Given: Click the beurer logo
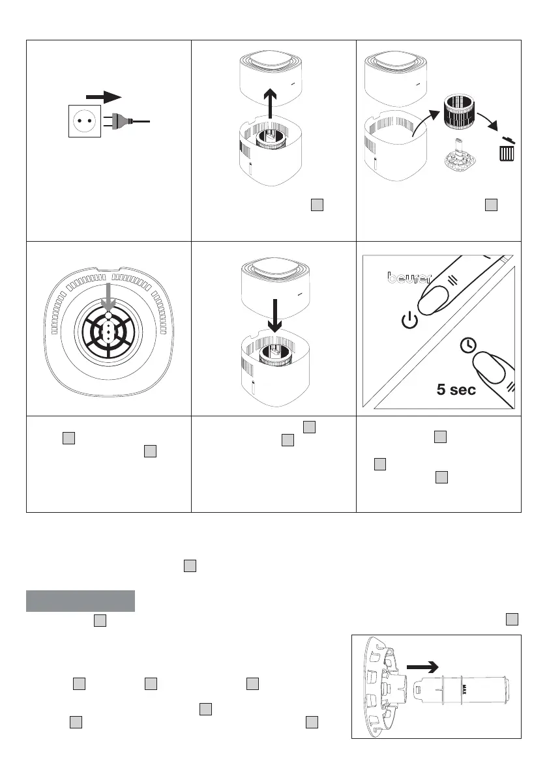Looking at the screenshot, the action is pos(409,278).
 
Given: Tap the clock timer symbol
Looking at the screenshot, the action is pos(467,345).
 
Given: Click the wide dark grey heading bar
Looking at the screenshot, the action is pos(80,601).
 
